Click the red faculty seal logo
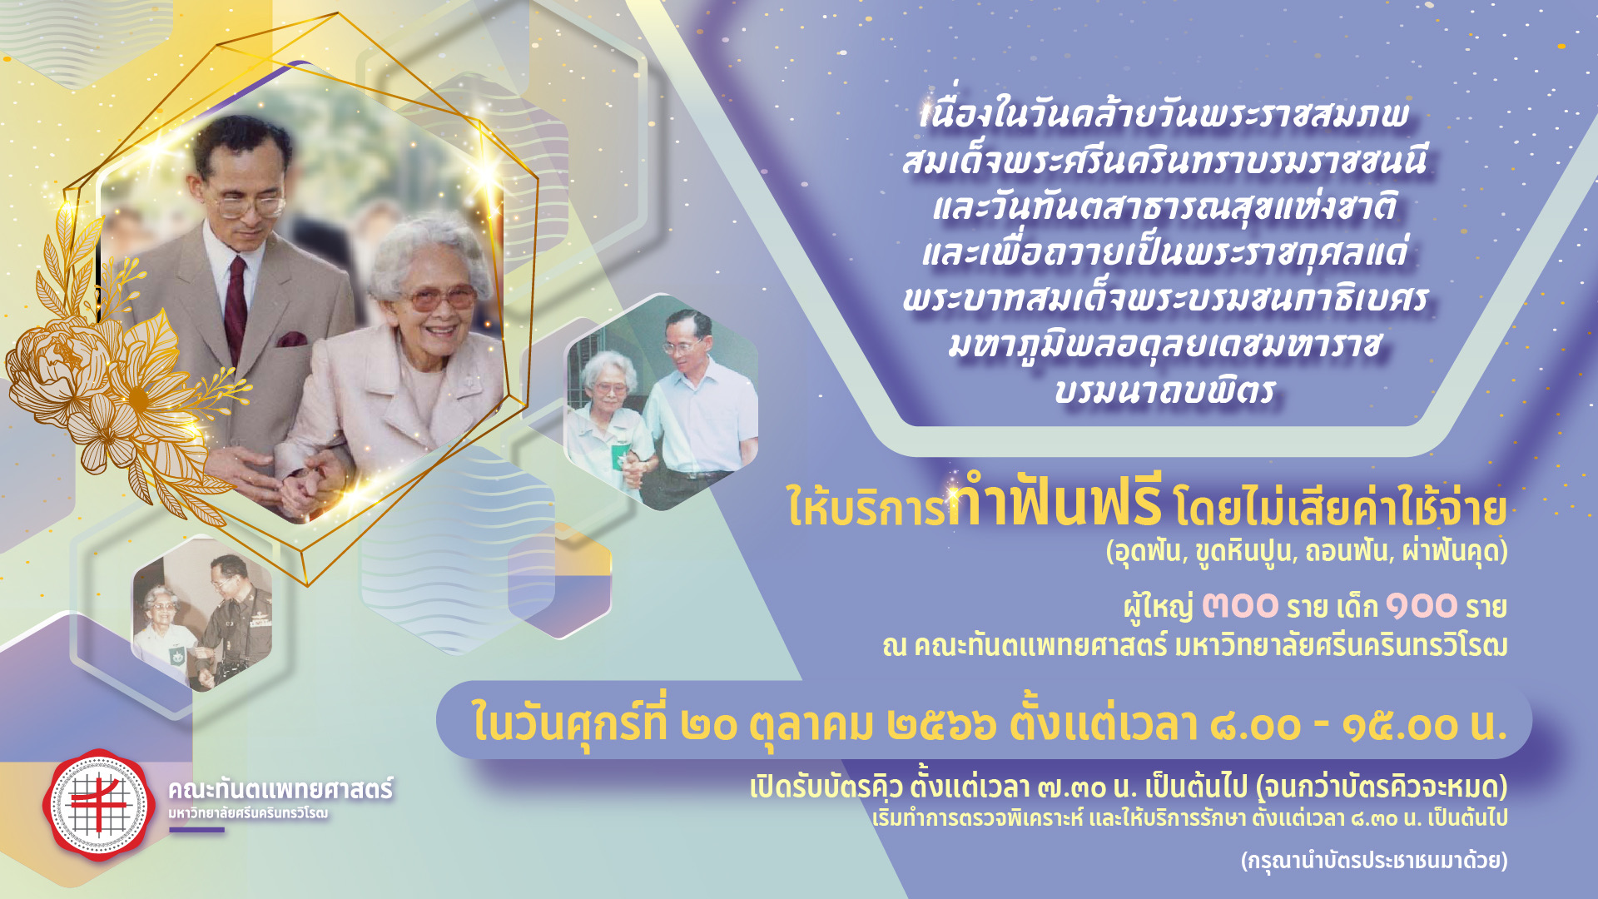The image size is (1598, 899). (99, 804)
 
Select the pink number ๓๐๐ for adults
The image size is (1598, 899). (1239, 605)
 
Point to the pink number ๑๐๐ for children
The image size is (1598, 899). (1421, 605)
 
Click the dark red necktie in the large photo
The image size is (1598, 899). (236, 308)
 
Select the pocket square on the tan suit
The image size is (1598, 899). (291, 339)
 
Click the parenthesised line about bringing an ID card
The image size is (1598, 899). (1374, 860)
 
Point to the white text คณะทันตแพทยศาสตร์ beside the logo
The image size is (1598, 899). (280, 788)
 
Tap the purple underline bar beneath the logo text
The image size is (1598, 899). (196, 829)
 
